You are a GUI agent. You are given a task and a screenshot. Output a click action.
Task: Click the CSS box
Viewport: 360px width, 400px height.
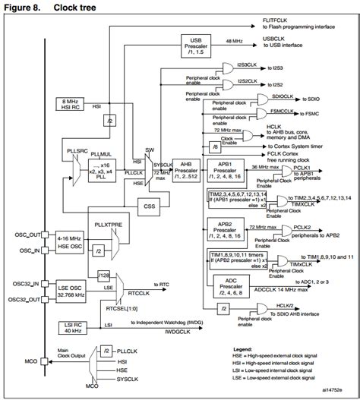(x=150, y=205)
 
